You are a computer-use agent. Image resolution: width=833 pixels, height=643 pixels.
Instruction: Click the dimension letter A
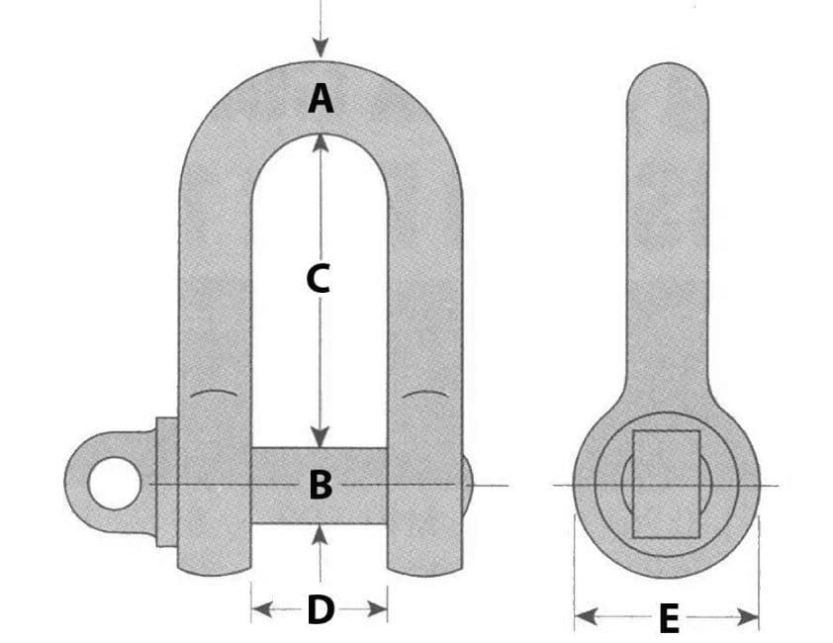[320, 99]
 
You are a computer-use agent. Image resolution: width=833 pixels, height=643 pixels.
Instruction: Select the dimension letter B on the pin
[320, 485]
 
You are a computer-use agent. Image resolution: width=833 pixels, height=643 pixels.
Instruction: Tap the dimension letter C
[318, 280]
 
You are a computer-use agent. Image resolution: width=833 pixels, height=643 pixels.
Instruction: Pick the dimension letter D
[320, 610]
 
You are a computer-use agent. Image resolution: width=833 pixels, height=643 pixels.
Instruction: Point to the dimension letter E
[669, 620]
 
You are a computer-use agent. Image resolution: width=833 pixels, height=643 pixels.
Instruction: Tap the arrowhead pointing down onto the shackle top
[320, 48]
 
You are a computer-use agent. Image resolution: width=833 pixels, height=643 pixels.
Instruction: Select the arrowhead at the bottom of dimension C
[320, 438]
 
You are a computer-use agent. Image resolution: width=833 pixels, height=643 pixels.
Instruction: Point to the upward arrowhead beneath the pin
[320, 533]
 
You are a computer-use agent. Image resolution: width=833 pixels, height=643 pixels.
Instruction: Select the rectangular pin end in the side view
[666, 484]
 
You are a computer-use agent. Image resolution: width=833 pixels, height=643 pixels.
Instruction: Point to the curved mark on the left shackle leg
[214, 396]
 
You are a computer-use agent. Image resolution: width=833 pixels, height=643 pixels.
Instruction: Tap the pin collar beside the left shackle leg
[166, 484]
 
